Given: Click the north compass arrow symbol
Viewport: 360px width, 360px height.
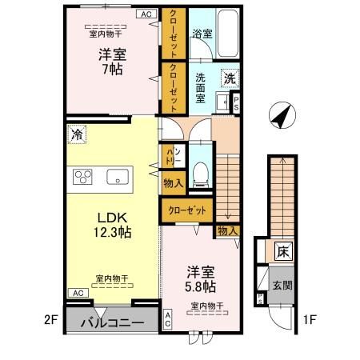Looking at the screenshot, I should [x=280, y=117].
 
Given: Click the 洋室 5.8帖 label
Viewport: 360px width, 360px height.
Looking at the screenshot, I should [x=201, y=278].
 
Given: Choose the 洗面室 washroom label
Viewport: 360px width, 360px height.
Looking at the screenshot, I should [x=202, y=86].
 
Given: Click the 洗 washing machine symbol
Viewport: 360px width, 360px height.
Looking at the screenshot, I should [x=230, y=79].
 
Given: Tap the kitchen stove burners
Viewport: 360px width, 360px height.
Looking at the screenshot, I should [x=83, y=177].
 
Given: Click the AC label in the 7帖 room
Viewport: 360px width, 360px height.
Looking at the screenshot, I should [x=146, y=14].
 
